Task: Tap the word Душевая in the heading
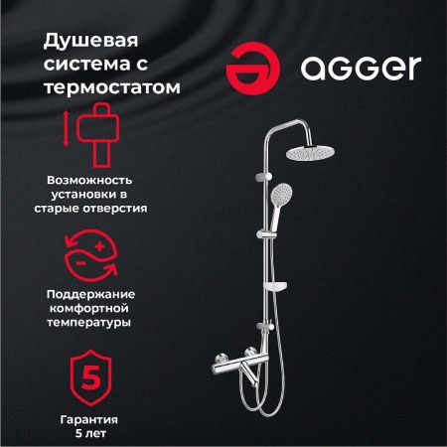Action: [x=84, y=42]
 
